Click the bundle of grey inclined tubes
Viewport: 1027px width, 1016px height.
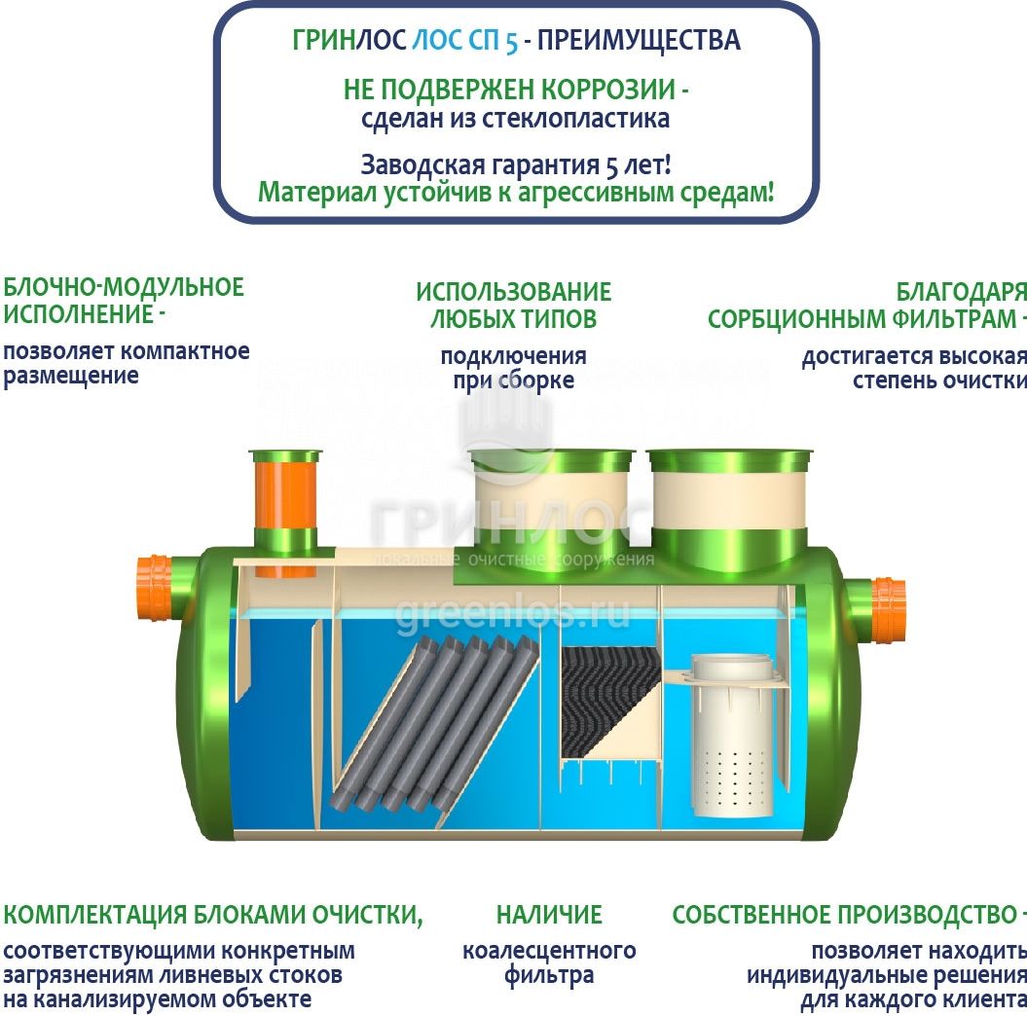435,723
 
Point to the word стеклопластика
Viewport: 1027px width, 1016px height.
575,119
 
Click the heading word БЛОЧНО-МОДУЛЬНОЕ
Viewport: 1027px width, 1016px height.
124,287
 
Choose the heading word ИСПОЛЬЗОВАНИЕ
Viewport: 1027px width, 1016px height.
514,292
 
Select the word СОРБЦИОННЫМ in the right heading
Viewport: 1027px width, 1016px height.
796,319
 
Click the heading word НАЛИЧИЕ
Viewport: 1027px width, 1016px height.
549,915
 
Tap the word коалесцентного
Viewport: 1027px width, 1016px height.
549,951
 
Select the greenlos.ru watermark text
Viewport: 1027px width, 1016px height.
512,613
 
